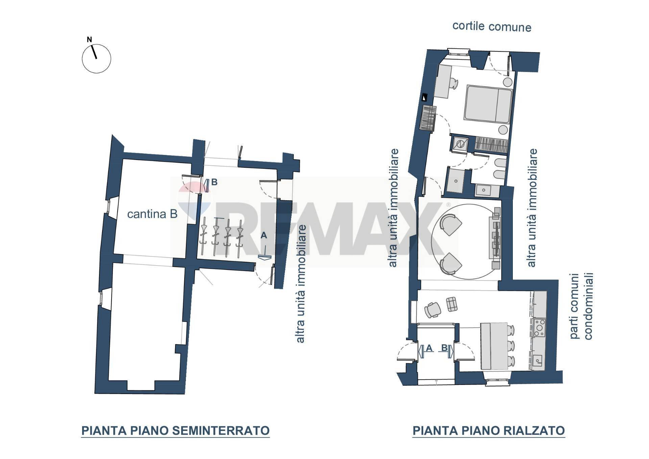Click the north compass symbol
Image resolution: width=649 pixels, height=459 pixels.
96,58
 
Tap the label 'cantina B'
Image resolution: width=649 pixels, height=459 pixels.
152,214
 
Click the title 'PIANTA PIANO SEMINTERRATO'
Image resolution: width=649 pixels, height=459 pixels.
175,431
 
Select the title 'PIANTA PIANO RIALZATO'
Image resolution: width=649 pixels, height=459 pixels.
488,431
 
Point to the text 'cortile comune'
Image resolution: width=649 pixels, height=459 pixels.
491,26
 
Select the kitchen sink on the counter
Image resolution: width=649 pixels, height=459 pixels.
537,359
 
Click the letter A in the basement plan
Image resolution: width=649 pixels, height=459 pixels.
264,235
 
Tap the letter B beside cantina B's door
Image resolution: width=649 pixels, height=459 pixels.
214,182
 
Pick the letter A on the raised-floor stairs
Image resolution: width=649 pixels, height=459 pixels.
429,348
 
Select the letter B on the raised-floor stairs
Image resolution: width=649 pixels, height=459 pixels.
444,348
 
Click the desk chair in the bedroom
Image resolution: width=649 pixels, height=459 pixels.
453,84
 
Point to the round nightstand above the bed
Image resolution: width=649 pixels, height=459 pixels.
508,82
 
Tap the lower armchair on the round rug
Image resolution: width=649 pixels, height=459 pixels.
451,263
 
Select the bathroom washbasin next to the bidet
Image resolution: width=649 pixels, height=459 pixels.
484,190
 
